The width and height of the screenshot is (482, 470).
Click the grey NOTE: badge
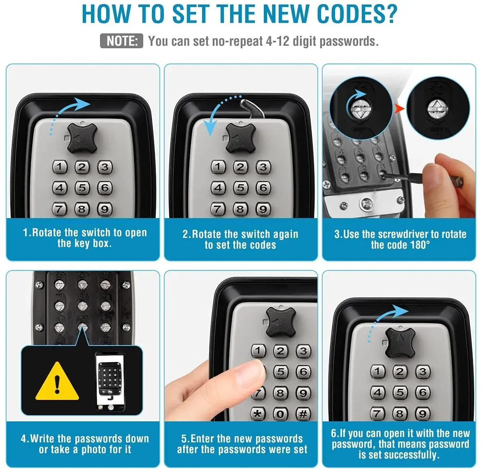(121, 41)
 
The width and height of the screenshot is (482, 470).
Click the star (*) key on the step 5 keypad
(258, 414)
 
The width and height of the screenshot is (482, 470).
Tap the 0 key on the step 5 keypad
(280, 414)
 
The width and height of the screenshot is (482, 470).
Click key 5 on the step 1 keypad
(82, 188)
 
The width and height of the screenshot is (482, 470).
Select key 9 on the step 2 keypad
(263, 209)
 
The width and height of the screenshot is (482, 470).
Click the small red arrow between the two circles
(399, 109)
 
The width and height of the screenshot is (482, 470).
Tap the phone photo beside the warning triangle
(109, 381)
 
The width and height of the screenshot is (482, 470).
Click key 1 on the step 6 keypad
(377, 371)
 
